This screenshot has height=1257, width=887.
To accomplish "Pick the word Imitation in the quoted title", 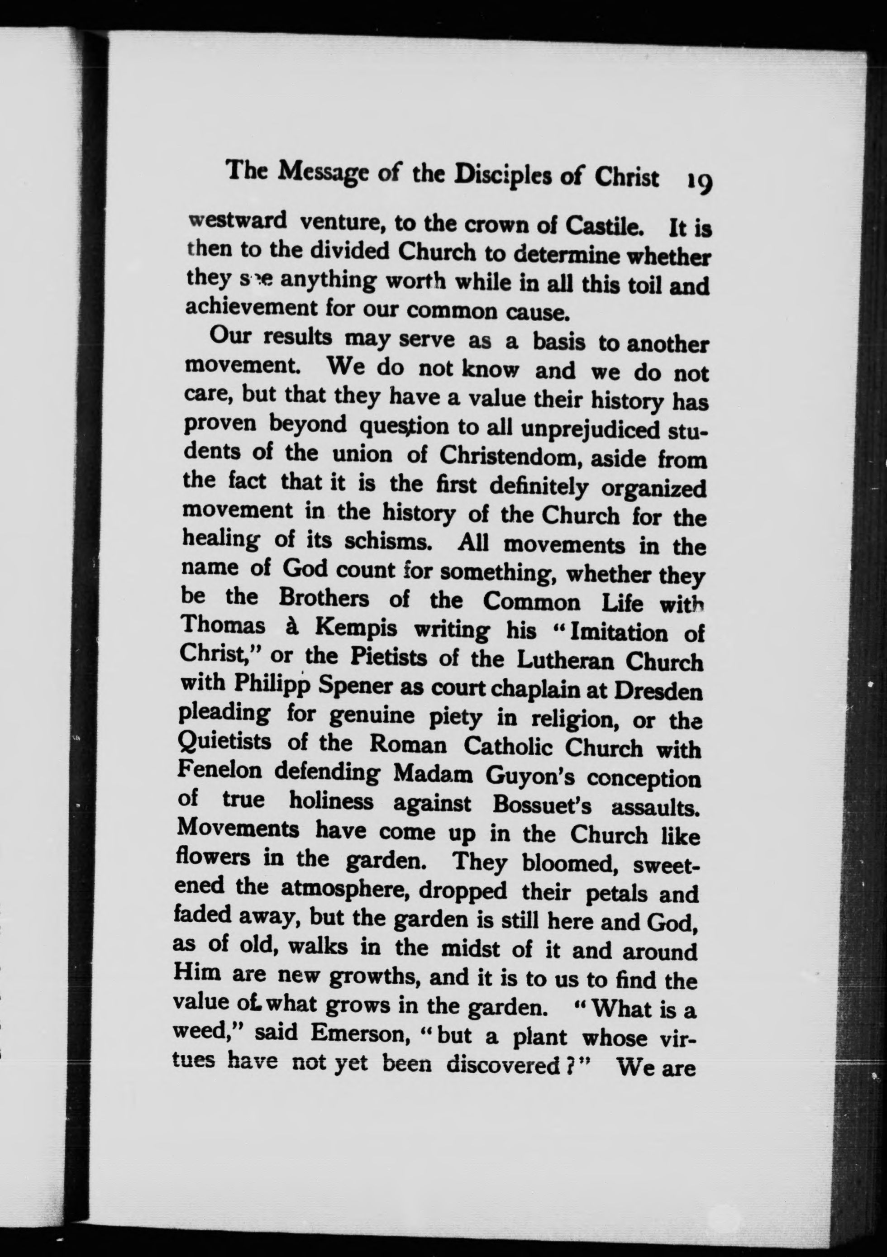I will pyautogui.click(x=618, y=633).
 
